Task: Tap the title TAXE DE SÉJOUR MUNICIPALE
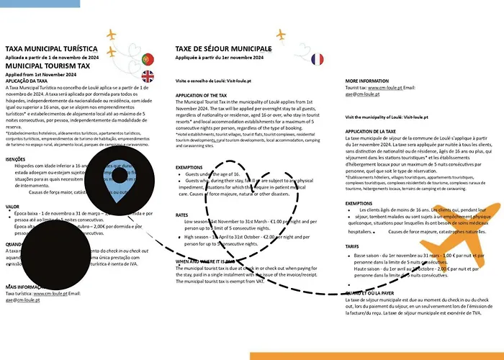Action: click(222, 49)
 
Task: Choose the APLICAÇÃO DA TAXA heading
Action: click(32, 81)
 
